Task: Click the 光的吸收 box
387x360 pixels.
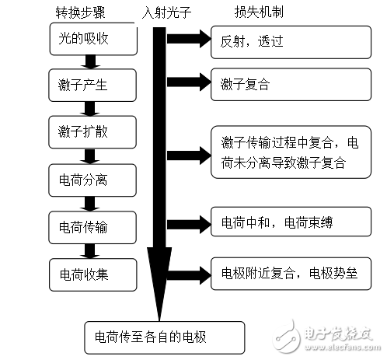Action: coord(87,40)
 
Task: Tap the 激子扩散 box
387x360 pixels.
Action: coord(87,128)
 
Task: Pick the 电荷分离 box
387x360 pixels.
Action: coord(87,180)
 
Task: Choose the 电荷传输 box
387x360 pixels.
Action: coord(87,226)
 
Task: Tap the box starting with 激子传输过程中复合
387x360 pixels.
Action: coord(288,153)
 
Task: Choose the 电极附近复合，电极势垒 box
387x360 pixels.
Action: coord(288,274)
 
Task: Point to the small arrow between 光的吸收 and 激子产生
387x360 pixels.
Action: coord(87,62)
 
